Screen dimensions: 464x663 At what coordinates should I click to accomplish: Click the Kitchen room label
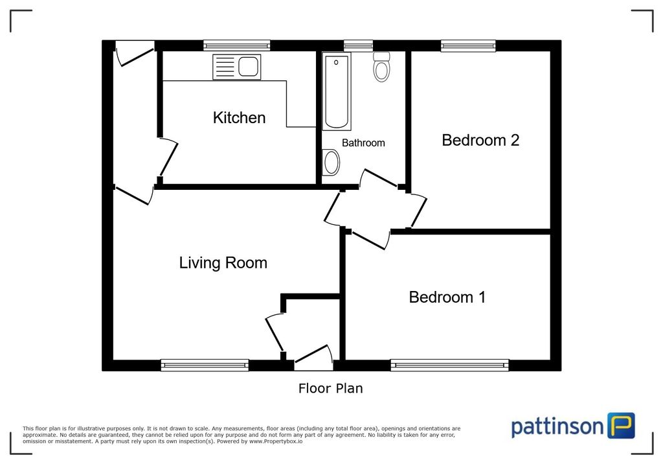click(239, 118)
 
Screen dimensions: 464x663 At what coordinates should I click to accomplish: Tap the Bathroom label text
click(363, 143)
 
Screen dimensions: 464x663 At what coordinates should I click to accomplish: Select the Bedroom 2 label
click(480, 140)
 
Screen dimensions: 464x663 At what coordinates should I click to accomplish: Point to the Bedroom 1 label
click(447, 297)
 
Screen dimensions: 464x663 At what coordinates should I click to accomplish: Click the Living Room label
click(223, 263)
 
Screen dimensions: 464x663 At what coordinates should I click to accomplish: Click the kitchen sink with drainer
click(236, 67)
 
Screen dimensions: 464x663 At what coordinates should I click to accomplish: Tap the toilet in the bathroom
click(382, 67)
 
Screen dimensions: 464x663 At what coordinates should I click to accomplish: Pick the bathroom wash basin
click(331, 162)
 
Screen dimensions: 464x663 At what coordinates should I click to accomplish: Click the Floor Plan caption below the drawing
click(330, 389)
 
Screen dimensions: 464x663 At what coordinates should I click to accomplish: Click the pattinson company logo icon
click(621, 426)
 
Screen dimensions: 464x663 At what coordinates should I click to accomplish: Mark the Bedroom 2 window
click(468, 45)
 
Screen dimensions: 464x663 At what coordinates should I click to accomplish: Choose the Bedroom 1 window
click(449, 365)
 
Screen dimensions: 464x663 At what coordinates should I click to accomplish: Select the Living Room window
click(205, 365)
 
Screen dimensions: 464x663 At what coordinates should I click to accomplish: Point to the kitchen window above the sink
click(236, 45)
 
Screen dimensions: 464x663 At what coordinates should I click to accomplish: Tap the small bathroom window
click(358, 45)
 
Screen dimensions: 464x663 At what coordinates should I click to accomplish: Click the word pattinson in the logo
click(557, 427)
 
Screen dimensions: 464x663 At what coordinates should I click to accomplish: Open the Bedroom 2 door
click(418, 211)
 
